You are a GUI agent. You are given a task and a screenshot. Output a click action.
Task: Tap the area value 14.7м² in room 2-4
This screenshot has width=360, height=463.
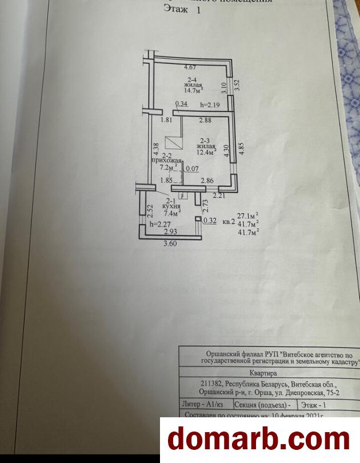point(193,90)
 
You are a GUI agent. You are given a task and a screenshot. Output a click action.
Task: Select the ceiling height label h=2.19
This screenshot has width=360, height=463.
point(210,105)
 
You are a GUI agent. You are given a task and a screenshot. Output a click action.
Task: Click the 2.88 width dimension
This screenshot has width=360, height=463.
point(205,120)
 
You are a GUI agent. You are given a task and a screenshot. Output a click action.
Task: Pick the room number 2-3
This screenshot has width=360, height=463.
point(205,139)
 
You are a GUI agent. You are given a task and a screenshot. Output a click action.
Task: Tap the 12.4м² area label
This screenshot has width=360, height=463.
point(206,153)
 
